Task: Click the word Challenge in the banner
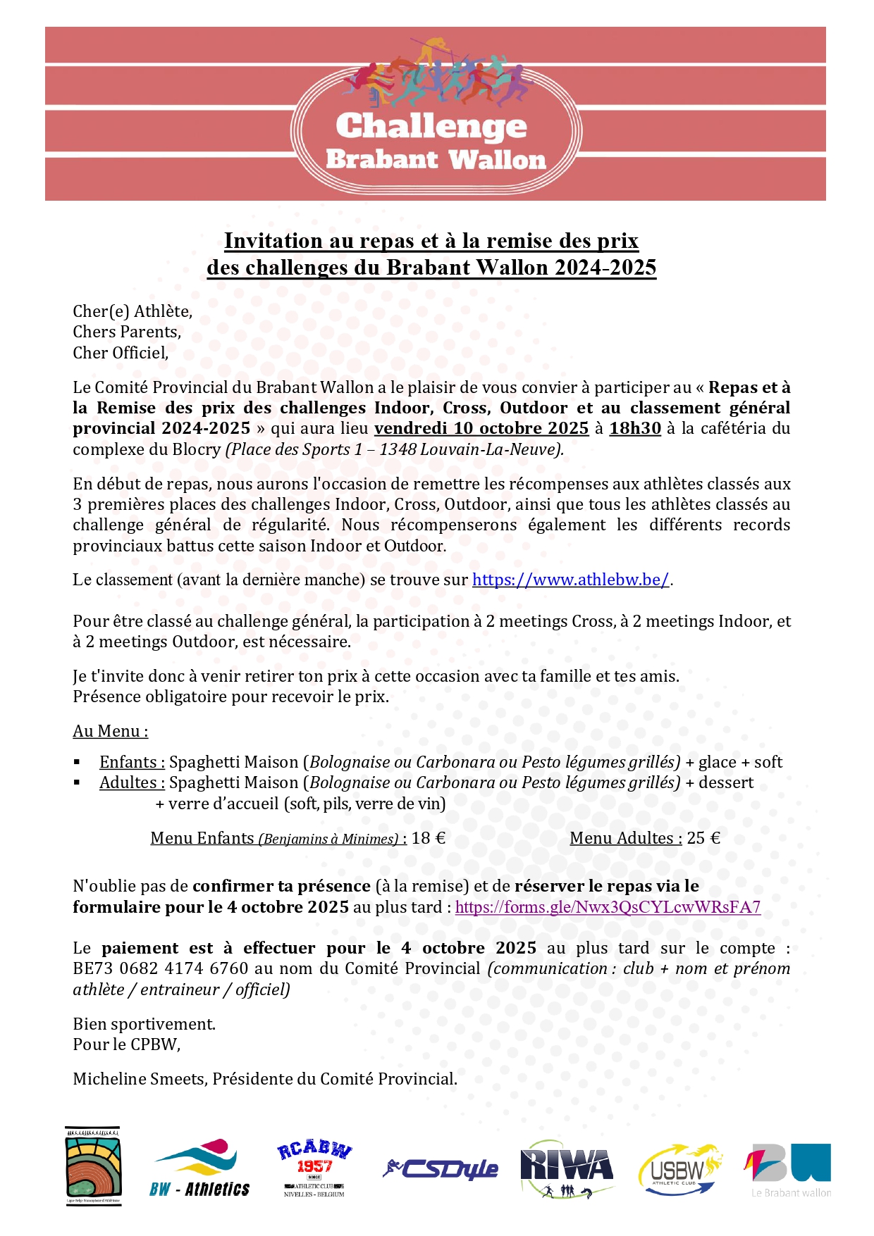[431, 127]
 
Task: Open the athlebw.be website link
[570, 580]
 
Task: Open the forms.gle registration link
[608, 907]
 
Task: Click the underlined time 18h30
[635, 428]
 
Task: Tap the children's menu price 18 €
[429, 838]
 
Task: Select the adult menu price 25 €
[703, 838]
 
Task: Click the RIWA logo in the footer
[567, 1168]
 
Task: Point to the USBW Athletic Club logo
[679, 1169]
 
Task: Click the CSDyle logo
[441, 1169]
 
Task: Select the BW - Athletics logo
[199, 1168]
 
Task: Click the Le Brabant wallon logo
[789, 1169]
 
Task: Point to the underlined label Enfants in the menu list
[132, 762]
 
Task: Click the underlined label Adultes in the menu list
[132, 782]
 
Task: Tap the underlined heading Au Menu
[111, 731]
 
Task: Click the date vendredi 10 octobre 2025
[481, 428]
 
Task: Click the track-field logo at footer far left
[93, 1166]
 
